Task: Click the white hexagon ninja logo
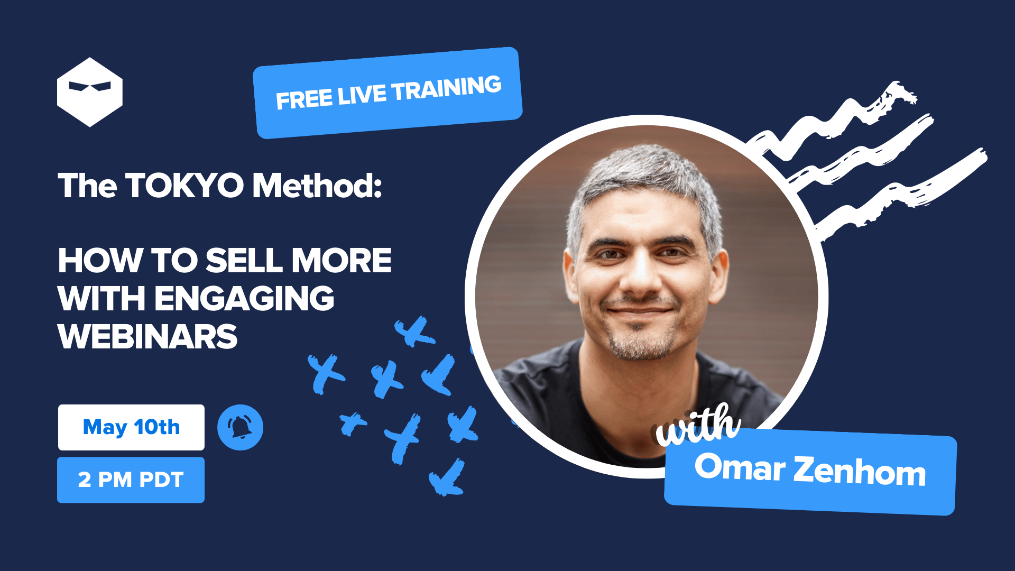(90, 92)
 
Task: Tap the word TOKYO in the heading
(184, 186)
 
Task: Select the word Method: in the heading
(317, 186)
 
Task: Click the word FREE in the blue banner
(304, 99)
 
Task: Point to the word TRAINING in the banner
(447, 88)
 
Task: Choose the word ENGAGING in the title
(244, 299)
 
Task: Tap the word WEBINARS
(148, 337)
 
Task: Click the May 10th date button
(131, 427)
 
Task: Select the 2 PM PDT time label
(131, 480)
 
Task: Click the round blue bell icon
(240, 427)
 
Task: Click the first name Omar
(740, 467)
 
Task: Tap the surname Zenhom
(860, 471)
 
